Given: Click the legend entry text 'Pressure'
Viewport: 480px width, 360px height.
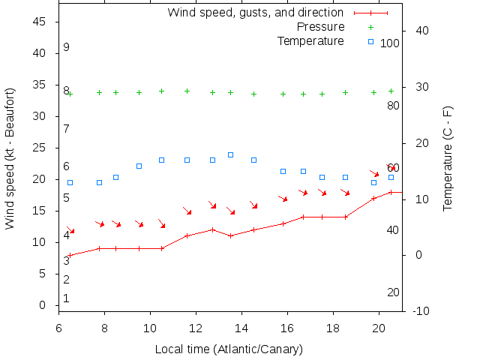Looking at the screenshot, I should click(316, 27).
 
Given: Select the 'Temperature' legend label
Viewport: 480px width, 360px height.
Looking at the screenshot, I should click(310, 40).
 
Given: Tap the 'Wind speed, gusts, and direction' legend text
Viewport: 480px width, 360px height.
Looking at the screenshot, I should click(256, 13).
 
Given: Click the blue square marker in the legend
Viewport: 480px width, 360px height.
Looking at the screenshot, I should click(370, 41).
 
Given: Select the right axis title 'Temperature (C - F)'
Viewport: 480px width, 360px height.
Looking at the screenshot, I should click(448, 158).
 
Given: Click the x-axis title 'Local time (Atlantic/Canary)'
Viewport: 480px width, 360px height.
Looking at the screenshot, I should click(228, 349).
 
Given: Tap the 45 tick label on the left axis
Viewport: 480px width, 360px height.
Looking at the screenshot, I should click(40, 22).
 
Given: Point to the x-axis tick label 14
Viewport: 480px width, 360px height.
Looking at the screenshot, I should click(241, 327).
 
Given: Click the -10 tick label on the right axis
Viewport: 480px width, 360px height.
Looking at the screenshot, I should click(421, 310).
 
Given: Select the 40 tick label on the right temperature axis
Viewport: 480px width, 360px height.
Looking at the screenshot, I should click(421, 31).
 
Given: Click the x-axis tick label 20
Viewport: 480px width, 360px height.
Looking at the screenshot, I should click(379, 327).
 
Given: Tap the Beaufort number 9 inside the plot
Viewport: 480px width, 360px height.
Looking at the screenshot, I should click(67, 47).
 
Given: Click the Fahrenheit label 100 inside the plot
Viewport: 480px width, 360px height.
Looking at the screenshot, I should click(390, 43).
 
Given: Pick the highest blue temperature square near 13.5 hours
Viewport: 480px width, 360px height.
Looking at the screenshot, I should click(230, 154).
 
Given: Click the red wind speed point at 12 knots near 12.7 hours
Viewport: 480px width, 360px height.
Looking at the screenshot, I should click(213, 229).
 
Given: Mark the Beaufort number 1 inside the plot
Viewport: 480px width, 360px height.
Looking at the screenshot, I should click(67, 298).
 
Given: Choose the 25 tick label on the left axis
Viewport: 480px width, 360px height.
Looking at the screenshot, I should click(40, 148).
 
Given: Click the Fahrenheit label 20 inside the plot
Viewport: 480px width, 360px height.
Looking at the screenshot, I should click(393, 292).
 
